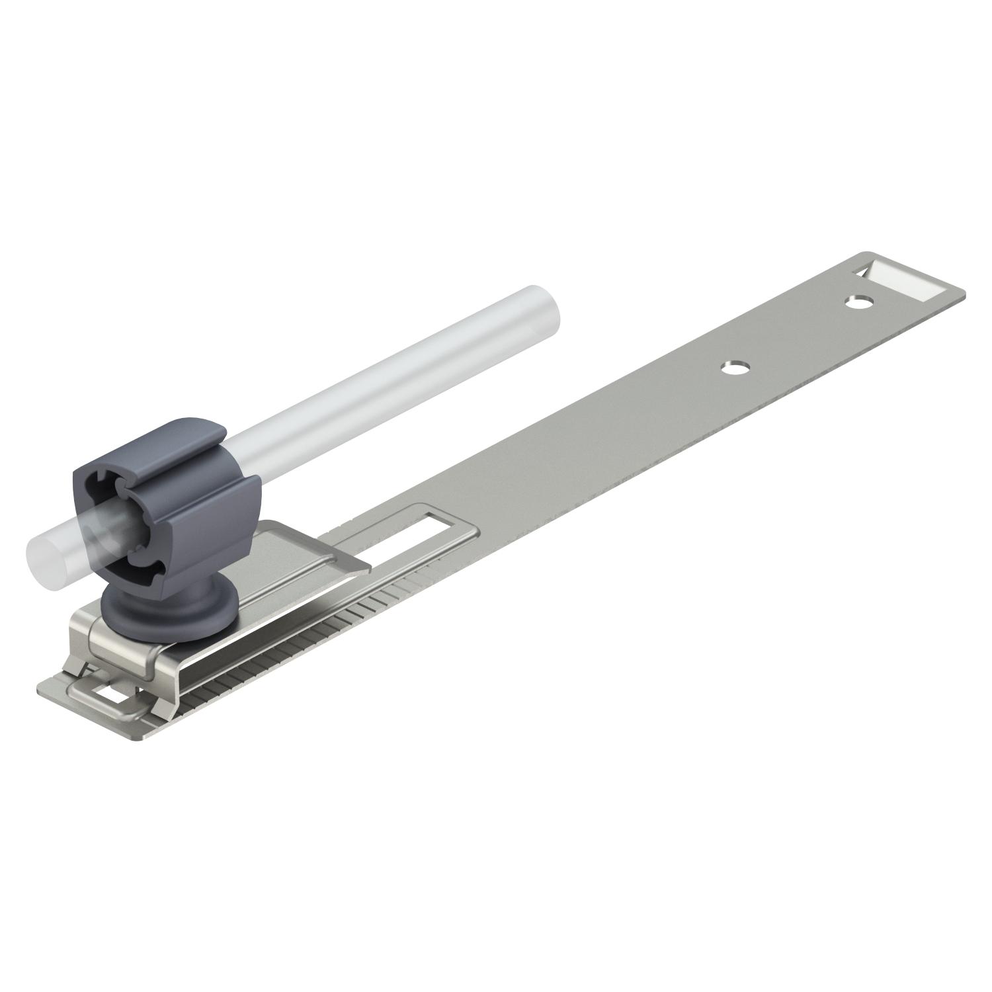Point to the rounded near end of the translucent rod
tap(41, 545)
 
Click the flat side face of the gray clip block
tap(218, 503)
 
